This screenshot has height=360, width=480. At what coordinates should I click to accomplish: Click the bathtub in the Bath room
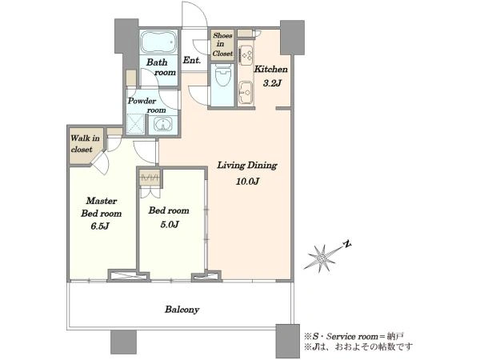pos(159,42)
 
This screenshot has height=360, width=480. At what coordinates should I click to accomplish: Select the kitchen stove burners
pos(246,55)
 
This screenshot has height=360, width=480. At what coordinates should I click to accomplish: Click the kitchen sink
pos(246,92)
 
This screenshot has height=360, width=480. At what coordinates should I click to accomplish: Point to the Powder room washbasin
pos(163,125)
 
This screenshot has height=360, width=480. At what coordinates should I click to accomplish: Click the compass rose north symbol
pos(346,244)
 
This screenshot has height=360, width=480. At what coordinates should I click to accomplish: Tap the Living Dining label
pos(247,166)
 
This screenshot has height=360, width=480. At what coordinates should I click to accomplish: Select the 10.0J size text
pos(247,182)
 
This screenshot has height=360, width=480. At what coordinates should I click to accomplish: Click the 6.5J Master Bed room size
pos(100,226)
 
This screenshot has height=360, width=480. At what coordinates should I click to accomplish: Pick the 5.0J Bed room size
pos(170,225)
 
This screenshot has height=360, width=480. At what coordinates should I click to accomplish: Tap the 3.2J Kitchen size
pos(272,83)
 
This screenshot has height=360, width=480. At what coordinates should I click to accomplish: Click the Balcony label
pos(182,310)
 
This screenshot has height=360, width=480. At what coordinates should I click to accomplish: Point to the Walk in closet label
pos(85,144)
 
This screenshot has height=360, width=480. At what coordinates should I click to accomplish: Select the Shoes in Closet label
pos(222,44)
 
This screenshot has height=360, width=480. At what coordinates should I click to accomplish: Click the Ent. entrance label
pos(192,60)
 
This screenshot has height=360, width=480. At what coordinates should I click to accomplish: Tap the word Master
pos(102,201)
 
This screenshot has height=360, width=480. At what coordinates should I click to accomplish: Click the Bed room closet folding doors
pos(150,193)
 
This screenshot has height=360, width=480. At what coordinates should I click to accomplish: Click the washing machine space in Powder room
pos(135,124)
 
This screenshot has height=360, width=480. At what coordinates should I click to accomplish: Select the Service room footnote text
pos(354,337)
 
